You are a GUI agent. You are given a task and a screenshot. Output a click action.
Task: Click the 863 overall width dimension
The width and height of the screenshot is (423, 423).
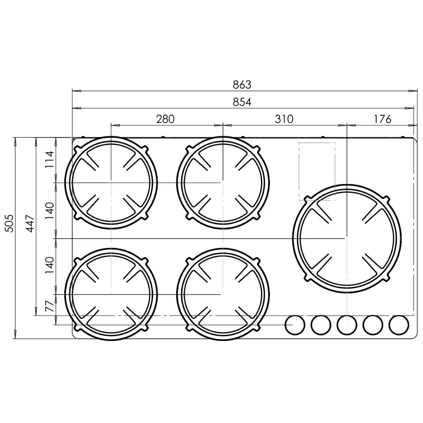point(242,85)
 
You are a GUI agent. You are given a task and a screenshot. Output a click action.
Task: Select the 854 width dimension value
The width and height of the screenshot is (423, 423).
point(242,102)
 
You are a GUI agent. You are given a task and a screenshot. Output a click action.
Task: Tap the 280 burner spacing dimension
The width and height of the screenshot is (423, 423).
point(165,119)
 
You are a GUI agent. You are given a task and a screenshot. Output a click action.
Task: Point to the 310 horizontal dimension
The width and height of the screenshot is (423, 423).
point(284,119)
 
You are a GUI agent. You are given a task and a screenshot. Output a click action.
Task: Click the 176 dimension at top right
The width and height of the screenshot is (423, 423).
point(382,119)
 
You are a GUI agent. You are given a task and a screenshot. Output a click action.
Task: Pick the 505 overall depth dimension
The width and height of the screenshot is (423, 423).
point(9,223)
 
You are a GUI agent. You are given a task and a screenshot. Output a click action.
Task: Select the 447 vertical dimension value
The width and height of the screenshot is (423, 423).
point(30,223)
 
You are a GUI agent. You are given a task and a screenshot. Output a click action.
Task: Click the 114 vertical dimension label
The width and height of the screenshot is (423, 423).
point(49,159)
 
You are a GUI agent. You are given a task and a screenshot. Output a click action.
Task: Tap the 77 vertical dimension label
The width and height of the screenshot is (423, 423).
point(49,306)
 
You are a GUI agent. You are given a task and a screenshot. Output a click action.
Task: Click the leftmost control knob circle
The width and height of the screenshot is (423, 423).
point(295,325)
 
